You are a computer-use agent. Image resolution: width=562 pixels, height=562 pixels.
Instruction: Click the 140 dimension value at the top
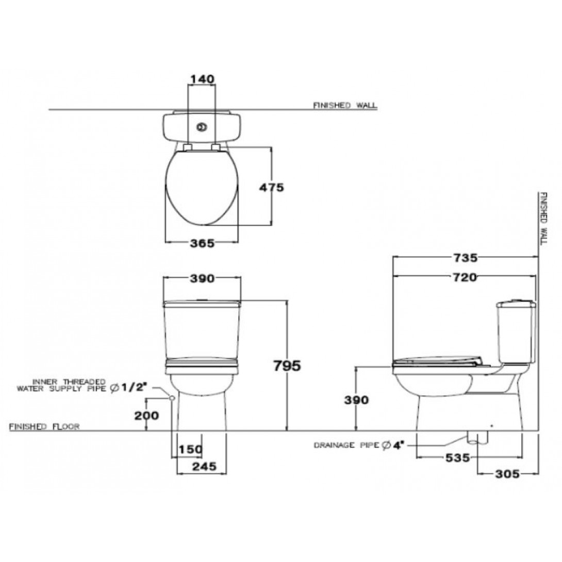tap(202, 79)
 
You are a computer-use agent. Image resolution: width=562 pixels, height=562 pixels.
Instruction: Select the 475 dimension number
tap(271, 187)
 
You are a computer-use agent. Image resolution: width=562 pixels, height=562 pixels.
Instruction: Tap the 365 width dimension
tap(202, 243)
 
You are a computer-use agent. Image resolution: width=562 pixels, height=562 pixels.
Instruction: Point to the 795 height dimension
tap(287, 366)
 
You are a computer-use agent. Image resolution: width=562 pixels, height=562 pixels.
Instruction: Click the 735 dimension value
tap(465, 258)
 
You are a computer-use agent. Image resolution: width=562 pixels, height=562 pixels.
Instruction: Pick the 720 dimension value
tap(465, 277)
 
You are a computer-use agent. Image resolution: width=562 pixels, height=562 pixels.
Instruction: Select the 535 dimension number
tap(457, 458)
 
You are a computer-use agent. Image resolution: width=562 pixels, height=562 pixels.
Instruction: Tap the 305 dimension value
tap(507, 474)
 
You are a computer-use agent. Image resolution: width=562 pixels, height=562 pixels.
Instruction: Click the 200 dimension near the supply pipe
tap(146, 416)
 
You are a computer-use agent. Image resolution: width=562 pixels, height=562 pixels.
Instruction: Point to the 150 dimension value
tap(191, 449)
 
